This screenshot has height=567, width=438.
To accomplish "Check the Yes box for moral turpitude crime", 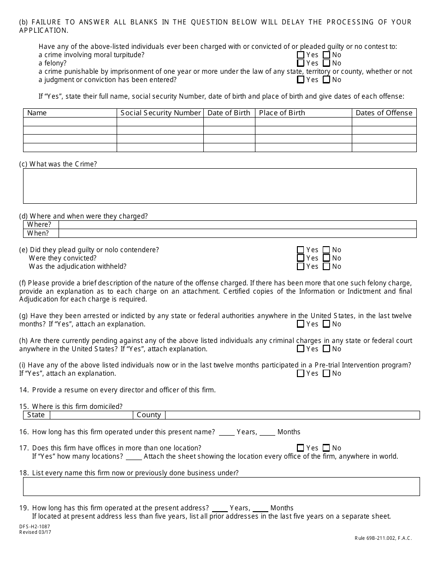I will point(301,55).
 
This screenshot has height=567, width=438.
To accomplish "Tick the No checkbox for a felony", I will point(326,63).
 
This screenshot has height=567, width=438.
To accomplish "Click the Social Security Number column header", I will point(160,113).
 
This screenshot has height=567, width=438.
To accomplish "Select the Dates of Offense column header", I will point(384,113).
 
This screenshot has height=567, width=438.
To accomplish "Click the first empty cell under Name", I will point(70,122).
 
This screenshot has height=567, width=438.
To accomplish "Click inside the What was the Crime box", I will point(219,186).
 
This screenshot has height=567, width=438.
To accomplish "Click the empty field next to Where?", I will point(237,225).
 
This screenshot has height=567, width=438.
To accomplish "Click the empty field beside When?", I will point(237,233).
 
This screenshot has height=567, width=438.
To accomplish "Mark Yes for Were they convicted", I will point(301,258).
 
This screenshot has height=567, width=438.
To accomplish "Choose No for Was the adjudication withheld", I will point(326,266).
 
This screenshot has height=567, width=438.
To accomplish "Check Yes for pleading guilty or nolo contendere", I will point(301,250).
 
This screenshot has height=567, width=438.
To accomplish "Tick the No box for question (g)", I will point(326,324).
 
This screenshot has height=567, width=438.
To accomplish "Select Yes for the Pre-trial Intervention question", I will point(301,373).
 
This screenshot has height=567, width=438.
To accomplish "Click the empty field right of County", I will point(292,415).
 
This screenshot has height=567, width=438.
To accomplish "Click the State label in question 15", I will point(36,415).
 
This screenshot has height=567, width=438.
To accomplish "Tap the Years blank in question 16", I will point(226,432).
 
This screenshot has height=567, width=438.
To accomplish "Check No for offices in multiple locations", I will point(326,448).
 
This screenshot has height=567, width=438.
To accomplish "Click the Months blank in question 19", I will point(260,508).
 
